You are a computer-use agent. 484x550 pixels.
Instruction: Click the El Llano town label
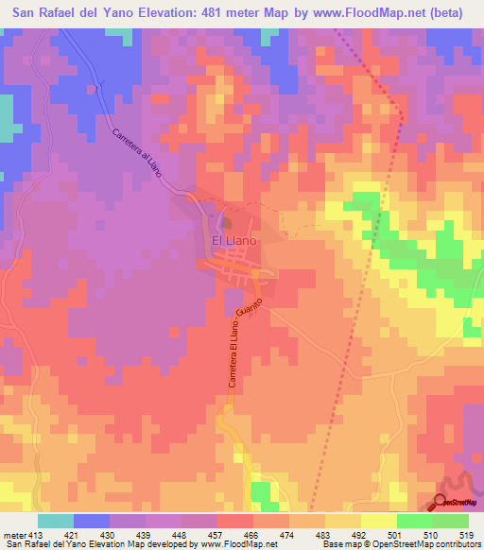coord(230,241)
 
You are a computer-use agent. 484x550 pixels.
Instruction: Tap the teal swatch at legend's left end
coord(56,521)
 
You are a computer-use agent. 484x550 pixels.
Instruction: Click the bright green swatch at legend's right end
coord(451,521)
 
